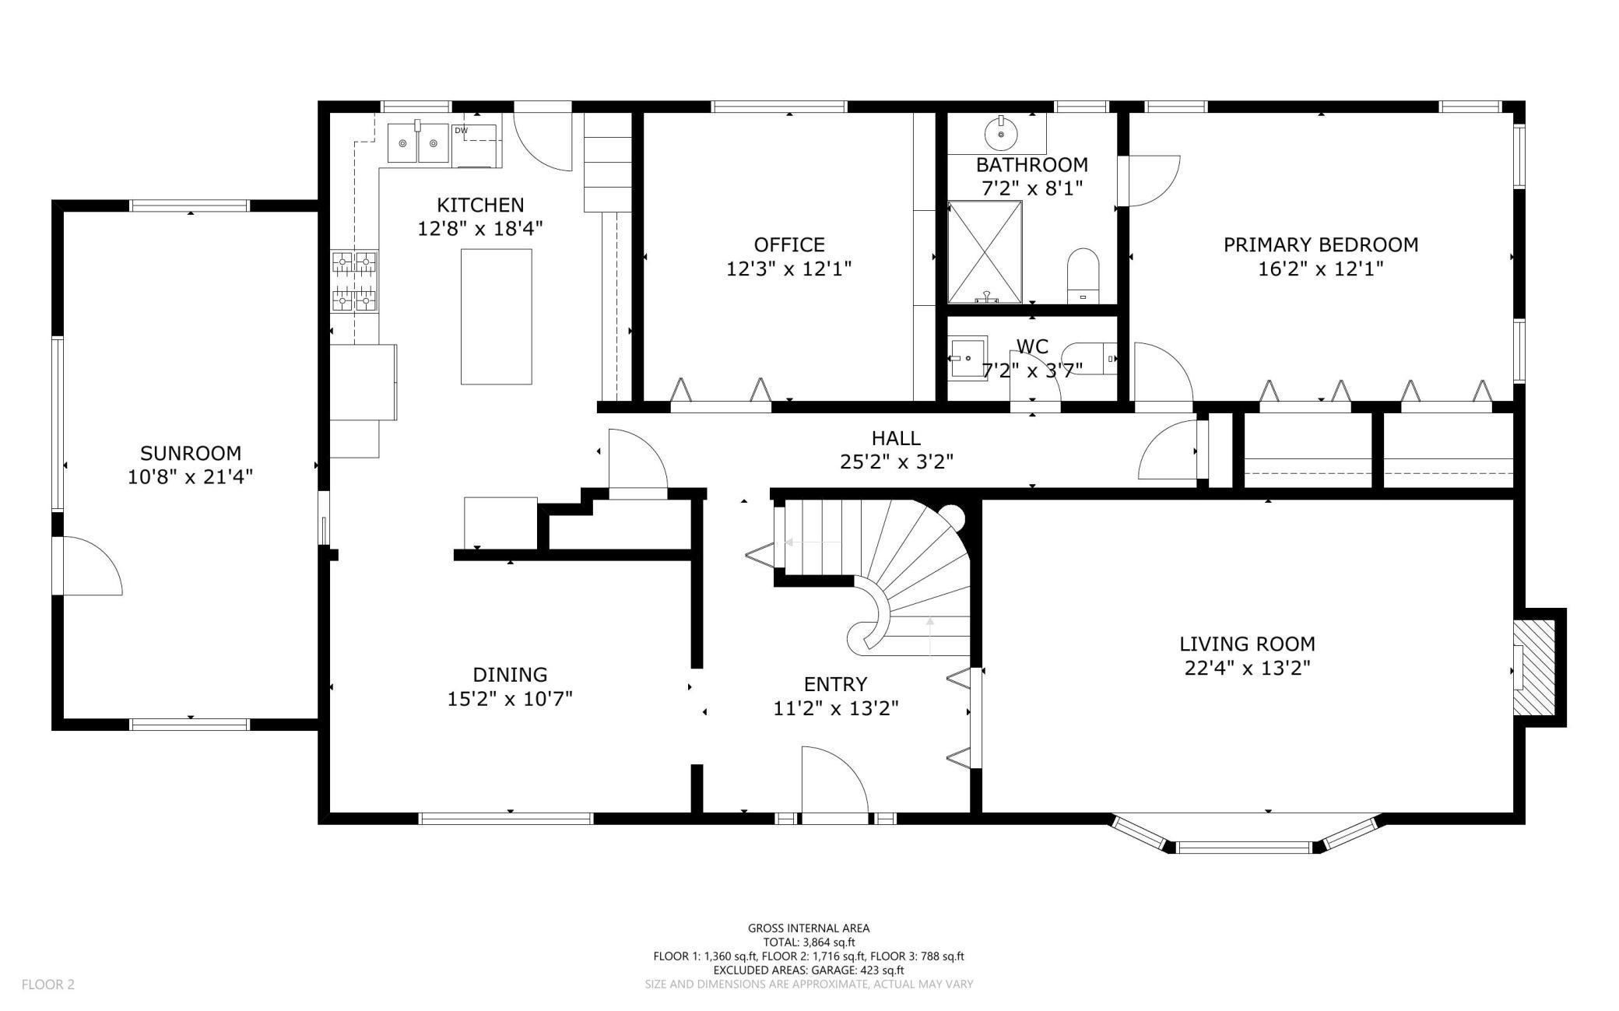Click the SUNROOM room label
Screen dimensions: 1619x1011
pos(191,453)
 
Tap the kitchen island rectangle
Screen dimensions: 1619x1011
pos(497,317)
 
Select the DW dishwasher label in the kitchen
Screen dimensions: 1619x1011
pos(462,131)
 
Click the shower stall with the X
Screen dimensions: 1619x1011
pos(985,252)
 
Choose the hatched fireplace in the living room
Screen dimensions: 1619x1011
pos(1534,668)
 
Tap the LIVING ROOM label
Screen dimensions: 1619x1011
pos(1248,644)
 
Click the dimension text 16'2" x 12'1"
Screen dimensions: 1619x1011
pos(1321,269)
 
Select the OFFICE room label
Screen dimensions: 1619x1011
pos(789,245)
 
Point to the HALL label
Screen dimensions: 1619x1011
pos(897,438)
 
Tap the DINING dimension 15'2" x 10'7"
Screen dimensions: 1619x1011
pos(510,699)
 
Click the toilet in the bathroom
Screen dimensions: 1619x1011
pos(1083,276)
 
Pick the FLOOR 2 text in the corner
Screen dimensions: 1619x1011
pos(48,985)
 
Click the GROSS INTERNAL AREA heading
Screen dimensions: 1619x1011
pos(809,928)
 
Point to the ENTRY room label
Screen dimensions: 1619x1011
pos(835,684)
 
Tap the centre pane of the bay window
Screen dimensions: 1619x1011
pos(1246,847)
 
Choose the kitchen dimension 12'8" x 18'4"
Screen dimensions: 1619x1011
pos(480,229)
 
